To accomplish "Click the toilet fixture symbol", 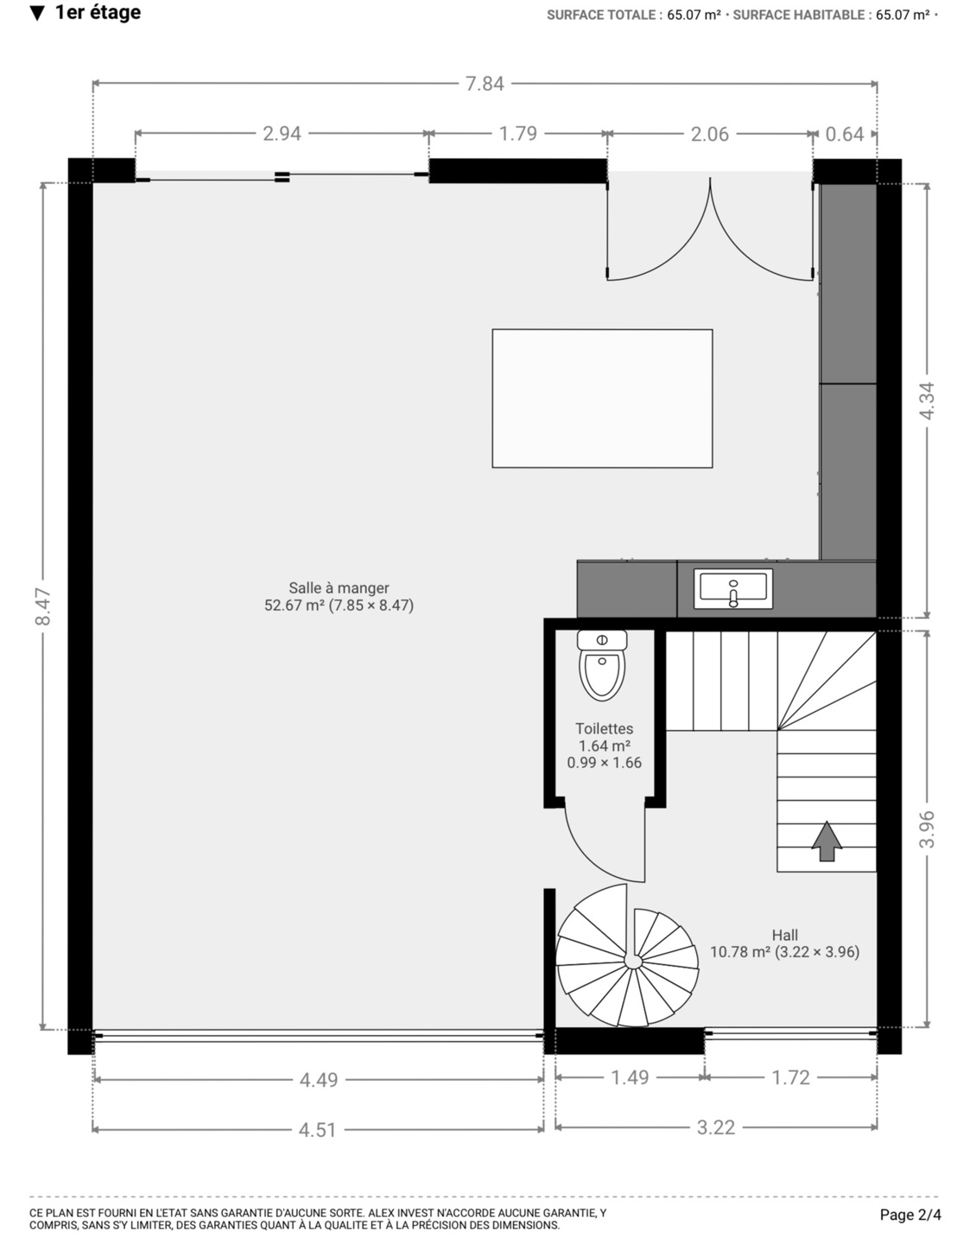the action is [601, 665].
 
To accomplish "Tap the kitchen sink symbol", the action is [733, 588].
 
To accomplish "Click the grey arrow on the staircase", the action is [827, 841].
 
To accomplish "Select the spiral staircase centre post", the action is [633, 962].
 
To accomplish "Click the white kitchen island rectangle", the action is [602, 398].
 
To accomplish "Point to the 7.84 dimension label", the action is [485, 84].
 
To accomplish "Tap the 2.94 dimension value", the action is [282, 133].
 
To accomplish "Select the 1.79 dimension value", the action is [518, 133].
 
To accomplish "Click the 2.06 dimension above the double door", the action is [710, 134].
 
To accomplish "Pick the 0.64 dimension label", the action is [844, 134].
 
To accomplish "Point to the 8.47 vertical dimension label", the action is [43, 606].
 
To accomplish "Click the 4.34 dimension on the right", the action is [928, 401].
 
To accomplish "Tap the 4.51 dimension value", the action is [318, 1129].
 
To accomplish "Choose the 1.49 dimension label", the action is [630, 1077].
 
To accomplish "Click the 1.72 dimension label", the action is [791, 1077].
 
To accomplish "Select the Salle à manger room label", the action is [339, 588].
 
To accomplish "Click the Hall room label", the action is [785, 935].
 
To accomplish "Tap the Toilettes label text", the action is [605, 729].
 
